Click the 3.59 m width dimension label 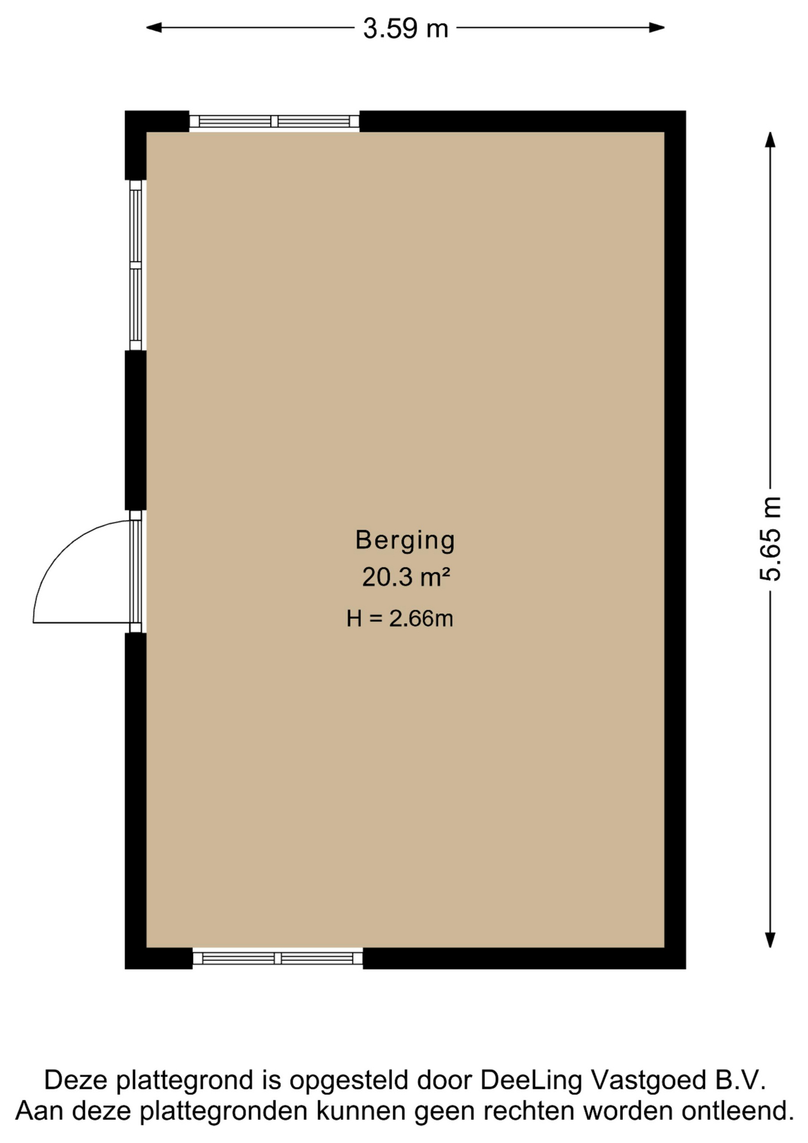(405, 28)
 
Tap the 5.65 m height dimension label (770, 539)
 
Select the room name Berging (405, 540)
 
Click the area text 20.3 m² (406, 577)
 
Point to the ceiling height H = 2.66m (400, 619)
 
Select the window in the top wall (274, 121)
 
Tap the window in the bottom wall (278, 958)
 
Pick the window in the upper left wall (136, 265)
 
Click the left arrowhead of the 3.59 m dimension (154, 27)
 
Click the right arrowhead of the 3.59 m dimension (657, 27)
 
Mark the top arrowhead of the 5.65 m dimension (770, 139)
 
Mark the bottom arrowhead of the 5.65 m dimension (770, 939)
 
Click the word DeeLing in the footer (531, 1080)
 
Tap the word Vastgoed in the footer (648, 1080)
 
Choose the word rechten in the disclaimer (530, 1111)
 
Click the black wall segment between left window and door (136, 430)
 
